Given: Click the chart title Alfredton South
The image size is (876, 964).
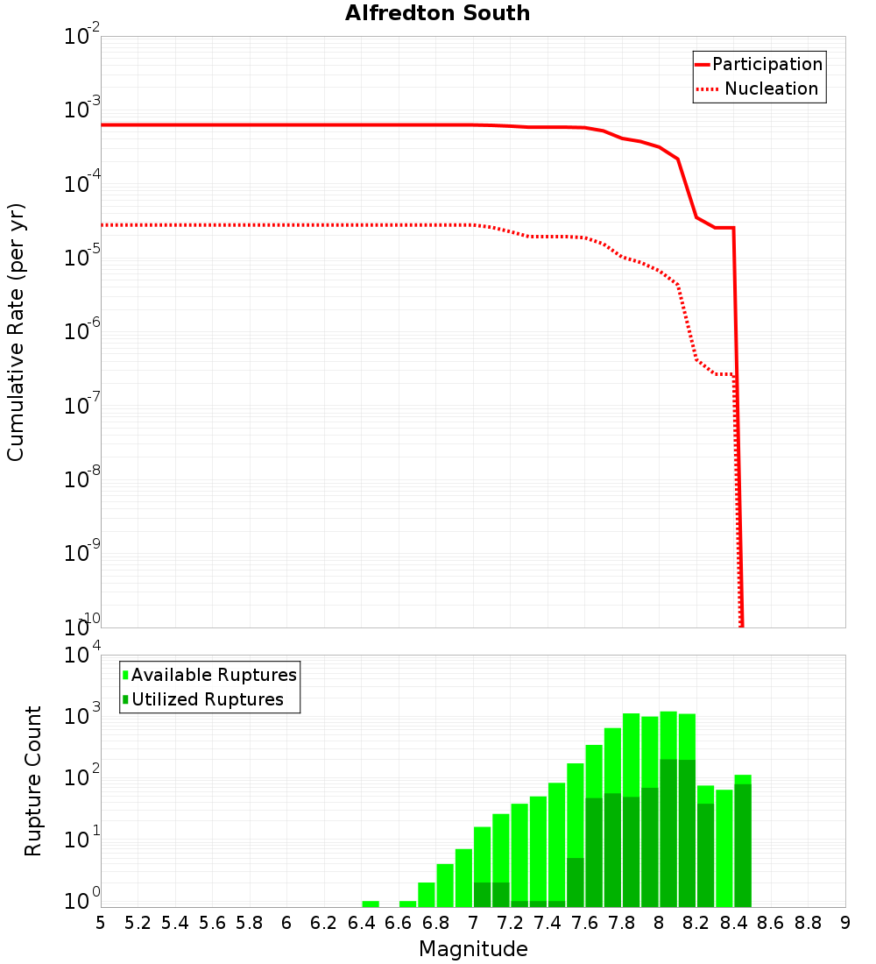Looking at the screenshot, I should tap(437, 13).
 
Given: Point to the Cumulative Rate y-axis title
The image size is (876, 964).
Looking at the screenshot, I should tap(17, 331).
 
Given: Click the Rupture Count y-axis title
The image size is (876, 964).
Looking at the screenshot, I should tap(33, 781).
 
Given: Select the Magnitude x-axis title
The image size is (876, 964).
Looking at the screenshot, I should tap(473, 949).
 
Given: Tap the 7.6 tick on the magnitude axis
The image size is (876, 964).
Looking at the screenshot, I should tap(584, 923).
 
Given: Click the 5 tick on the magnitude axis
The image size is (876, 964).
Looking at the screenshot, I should tap(101, 923).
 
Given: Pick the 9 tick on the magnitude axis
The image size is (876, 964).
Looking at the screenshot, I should tap(845, 923).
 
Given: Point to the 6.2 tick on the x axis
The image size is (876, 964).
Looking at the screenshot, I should tap(324, 923).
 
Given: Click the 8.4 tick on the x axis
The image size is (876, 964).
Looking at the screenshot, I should tap(733, 923).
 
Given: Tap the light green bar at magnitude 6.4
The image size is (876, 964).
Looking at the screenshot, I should tap(371, 904).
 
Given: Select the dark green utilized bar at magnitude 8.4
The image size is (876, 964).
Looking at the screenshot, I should tap(743, 846).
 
